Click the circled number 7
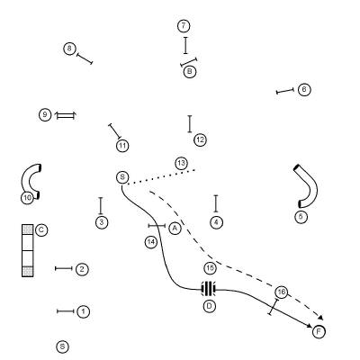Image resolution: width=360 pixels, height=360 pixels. (x=184, y=26)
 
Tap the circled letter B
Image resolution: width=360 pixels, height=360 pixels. (x=190, y=72)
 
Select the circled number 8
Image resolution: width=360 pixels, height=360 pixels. (x=69, y=49)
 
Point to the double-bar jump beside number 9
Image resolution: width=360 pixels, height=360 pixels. (x=65, y=115)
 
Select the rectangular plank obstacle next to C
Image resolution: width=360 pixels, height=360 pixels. (x=28, y=250)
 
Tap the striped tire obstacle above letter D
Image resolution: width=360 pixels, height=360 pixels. (x=209, y=289)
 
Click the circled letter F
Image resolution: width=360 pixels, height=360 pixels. (x=319, y=331)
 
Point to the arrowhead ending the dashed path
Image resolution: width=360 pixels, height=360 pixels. (x=320, y=318)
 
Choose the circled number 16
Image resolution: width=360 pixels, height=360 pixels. (x=281, y=292)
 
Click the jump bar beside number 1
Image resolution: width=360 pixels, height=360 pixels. (x=66, y=311)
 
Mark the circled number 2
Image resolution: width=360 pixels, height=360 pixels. (x=82, y=269)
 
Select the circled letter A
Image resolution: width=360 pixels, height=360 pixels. (x=175, y=229)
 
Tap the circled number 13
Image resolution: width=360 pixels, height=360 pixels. (x=181, y=164)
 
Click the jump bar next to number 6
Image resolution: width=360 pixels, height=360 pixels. (x=285, y=91)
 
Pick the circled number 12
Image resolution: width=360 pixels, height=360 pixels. (x=201, y=139)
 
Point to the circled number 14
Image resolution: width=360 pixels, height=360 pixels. (x=151, y=242)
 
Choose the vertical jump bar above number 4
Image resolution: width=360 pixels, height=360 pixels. (x=216, y=203)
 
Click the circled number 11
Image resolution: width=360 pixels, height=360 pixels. (x=122, y=146)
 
